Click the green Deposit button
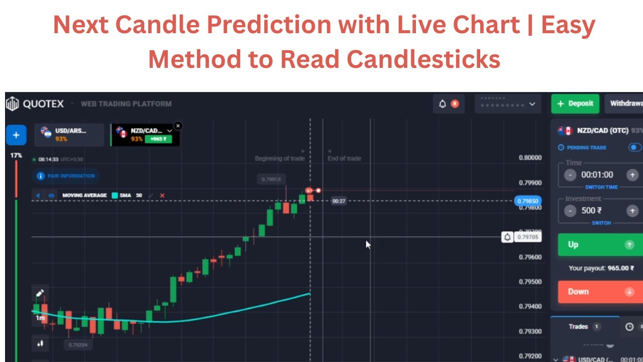pyautogui.click(x=575, y=104)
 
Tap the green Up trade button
pyautogui.click(x=600, y=245)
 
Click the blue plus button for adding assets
pyautogui.click(x=16, y=135)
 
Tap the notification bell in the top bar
pyautogui.click(x=443, y=104)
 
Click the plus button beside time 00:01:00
pyautogui.click(x=632, y=175)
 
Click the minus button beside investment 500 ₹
pyautogui.click(x=570, y=211)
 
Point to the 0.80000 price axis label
pyautogui.click(x=530, y=158)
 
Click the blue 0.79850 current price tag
pyautogui.click(x=528, y=201)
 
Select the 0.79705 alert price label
pyautogui.click(x=527, y=237)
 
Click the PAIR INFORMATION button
pyautogui.click(x=66, y=176)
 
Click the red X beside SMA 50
pyautogui.click(x=162, y=196)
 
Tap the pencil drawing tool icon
pyautogui.click(x=40, y=293)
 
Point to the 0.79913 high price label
pyautogui.click(x=271, y=179)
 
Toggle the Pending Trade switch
pyautogui.click(x=635, y=148)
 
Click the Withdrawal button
pyautogui.click(x=625, y=104)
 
